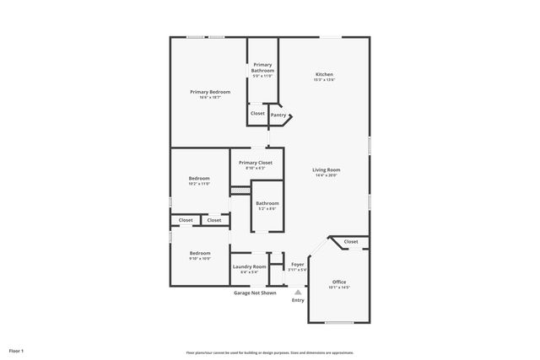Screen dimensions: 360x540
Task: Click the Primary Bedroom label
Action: point(209,92)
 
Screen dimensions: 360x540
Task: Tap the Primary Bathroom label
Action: point(262,67)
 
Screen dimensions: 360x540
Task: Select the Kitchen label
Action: point(324,74)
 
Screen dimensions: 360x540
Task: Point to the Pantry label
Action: point(278,114)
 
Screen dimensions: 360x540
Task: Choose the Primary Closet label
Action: point(255,162)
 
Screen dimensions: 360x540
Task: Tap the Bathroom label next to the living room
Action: point(267,202)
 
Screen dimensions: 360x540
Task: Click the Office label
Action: point(338,282)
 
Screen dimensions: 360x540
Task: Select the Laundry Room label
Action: point(249,266)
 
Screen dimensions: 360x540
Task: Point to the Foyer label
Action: point(297,264)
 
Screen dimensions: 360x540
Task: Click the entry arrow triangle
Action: point(297,291)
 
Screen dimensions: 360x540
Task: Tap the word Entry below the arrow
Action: point(298,300)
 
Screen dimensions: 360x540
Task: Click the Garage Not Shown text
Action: point(255,293)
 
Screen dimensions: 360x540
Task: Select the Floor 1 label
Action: point(17,350)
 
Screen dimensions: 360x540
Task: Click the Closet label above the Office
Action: point(350,242)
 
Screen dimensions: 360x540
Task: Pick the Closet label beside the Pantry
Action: point(257,113)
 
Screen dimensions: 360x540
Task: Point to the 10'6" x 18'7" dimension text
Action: point(209,98)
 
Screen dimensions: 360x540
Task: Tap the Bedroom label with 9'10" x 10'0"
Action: point(200,253)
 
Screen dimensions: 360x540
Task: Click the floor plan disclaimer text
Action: point(269,352)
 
